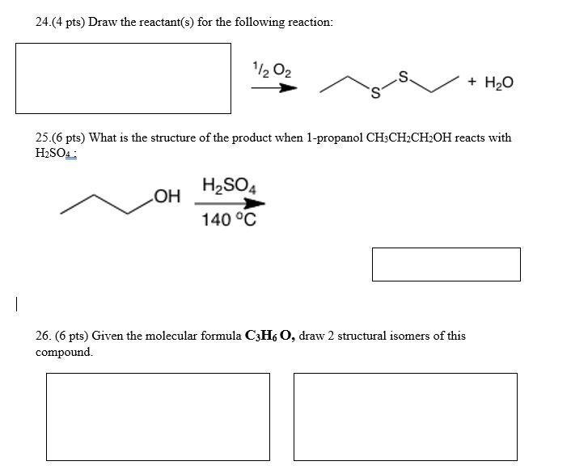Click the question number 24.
coord(43,22)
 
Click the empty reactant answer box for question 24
coord(124,78)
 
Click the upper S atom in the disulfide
coord(404,76)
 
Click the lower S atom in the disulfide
coord(374,99)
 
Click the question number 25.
coord(43,138)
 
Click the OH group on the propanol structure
coord(165,196)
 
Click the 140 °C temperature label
coord(230,218)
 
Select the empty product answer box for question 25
coord(446,265)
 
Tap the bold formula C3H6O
coord(263,336)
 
